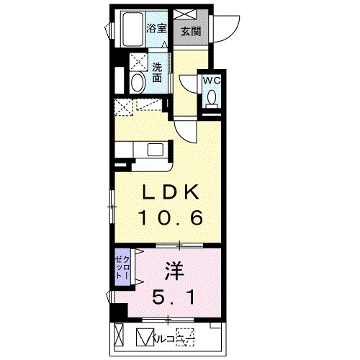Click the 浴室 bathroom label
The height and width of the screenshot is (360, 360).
(x=157, y=28)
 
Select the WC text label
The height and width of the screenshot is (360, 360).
(x=211, y=81)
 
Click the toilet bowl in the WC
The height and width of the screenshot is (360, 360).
(x=211, y=100)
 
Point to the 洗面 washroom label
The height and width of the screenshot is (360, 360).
(x=157, y=73)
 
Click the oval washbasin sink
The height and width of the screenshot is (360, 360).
(x=137, y=82)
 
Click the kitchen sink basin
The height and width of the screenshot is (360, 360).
(x=155, y=150)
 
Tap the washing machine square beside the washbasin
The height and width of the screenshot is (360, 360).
(x=137, y=62)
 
